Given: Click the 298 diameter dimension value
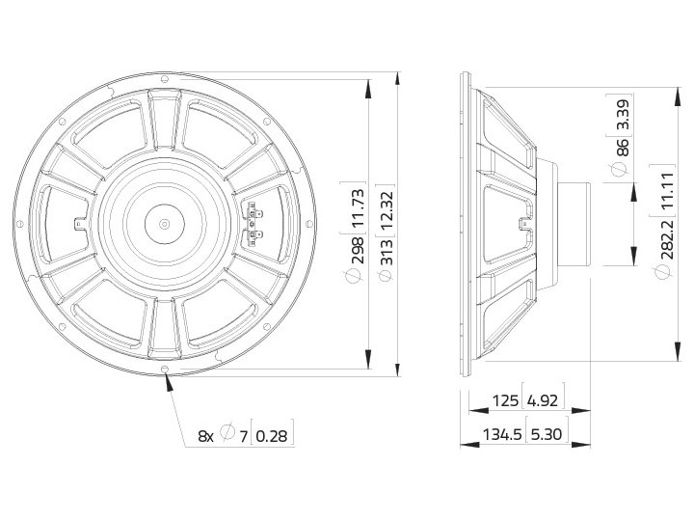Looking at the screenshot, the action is pos(358,250).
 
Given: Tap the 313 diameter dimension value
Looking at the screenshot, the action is pos(387,252).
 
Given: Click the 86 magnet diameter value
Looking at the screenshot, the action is pos(622,147).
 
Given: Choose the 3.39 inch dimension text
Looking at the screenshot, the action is pos(622,114).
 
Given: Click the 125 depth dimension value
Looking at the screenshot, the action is pos(505,400).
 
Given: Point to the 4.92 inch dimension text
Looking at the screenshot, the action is pos(543,400).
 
